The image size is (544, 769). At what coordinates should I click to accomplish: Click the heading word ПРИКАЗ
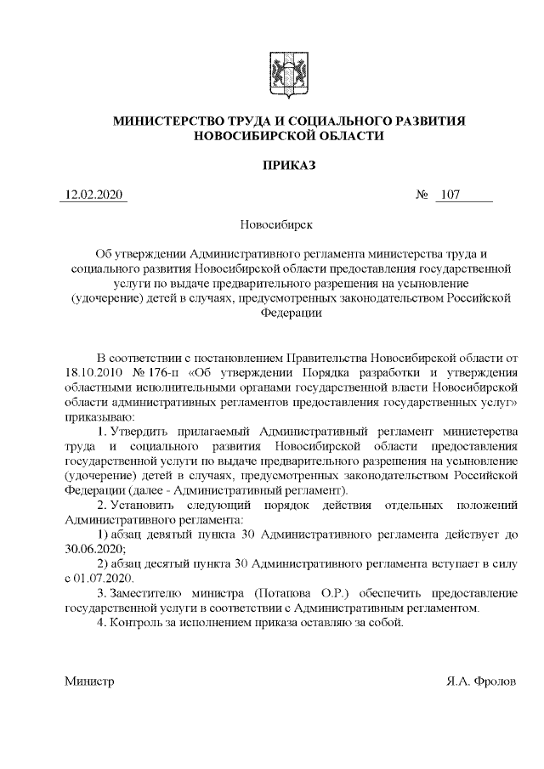coord(289,164)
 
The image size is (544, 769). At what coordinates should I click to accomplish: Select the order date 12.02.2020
coord(93,196)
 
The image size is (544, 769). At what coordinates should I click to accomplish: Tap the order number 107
coord(450,196)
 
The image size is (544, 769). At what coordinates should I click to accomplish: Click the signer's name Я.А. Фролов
coord(481,682)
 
